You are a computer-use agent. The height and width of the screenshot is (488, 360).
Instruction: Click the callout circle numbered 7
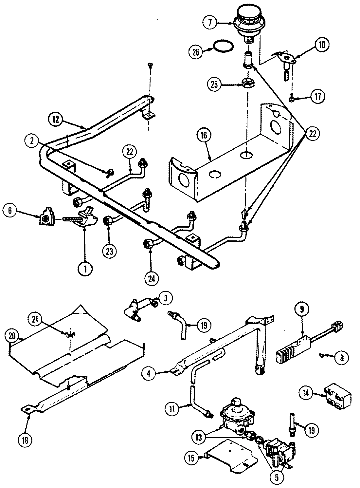coord(210,23)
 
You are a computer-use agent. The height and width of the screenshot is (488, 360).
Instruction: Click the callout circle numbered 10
coord(322,45)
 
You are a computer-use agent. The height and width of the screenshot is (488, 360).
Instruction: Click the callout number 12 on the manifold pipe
coord(56,120)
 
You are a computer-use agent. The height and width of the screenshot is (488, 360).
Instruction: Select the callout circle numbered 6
coord(10,210)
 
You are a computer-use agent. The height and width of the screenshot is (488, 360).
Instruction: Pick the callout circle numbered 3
coord(166,298)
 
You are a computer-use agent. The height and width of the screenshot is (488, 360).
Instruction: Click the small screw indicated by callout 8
coord(322,355)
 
